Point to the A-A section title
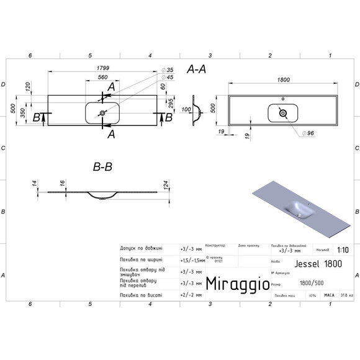point(197,71)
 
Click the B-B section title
point(102,167)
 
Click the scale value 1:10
point(341,251)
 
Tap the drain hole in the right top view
point(283,113)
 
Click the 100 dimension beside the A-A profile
point(186,110)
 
